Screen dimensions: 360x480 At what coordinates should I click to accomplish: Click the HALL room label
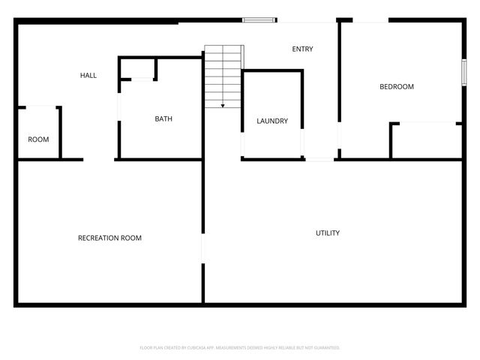coord(88,75)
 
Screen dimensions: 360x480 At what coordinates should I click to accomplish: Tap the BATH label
coord(164,118)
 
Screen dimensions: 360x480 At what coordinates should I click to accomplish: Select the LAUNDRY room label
coord(272,121)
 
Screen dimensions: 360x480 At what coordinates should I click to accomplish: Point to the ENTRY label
coord(302,49)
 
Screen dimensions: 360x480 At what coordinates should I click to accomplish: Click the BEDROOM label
coord(397,87)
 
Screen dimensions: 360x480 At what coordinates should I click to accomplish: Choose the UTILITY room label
coord(327,233)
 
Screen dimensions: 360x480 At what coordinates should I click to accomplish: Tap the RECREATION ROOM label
coord(109,238)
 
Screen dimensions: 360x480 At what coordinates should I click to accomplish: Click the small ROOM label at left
coord(38,139)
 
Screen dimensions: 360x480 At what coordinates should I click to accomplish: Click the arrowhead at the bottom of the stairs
coord(223,106)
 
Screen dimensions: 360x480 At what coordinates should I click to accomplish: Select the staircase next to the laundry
coord(224,75)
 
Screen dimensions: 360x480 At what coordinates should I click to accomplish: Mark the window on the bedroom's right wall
coord(463,73)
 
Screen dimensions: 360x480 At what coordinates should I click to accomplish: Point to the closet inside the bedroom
coord(426,141)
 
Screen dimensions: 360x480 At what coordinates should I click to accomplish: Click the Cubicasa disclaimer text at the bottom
coord(240,348)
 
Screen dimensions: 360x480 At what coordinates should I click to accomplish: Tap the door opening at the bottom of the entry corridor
coord(319,159)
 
